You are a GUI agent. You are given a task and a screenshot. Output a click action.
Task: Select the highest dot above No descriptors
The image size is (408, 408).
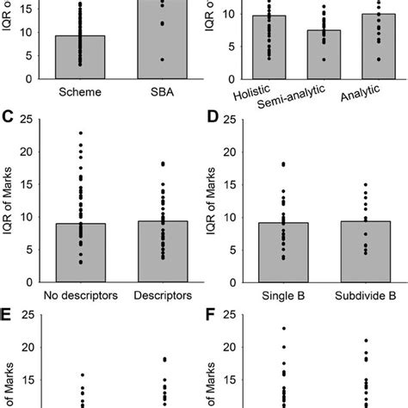(x=79, y=133)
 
